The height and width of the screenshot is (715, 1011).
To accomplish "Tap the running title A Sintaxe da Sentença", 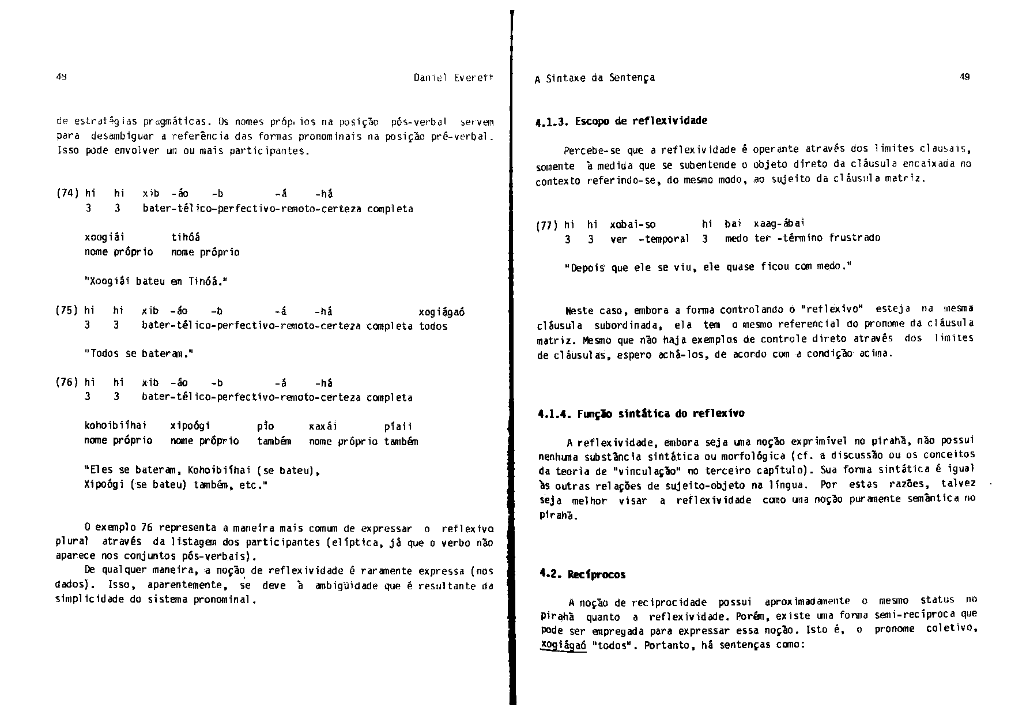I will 594,77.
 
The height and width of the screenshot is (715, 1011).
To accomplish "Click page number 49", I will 965,77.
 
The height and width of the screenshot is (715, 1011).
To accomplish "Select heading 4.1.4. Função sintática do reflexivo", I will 640,413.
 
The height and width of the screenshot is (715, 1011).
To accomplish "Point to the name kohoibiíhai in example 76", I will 115,426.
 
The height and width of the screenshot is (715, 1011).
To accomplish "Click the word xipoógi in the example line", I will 191,426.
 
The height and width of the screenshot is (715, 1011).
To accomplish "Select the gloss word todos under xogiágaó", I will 433,326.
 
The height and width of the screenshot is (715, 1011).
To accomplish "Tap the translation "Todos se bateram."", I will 138,353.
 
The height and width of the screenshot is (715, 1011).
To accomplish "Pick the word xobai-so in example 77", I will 632,224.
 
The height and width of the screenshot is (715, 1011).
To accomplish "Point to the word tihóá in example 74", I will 186,237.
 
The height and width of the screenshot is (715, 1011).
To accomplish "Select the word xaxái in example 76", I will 323,427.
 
